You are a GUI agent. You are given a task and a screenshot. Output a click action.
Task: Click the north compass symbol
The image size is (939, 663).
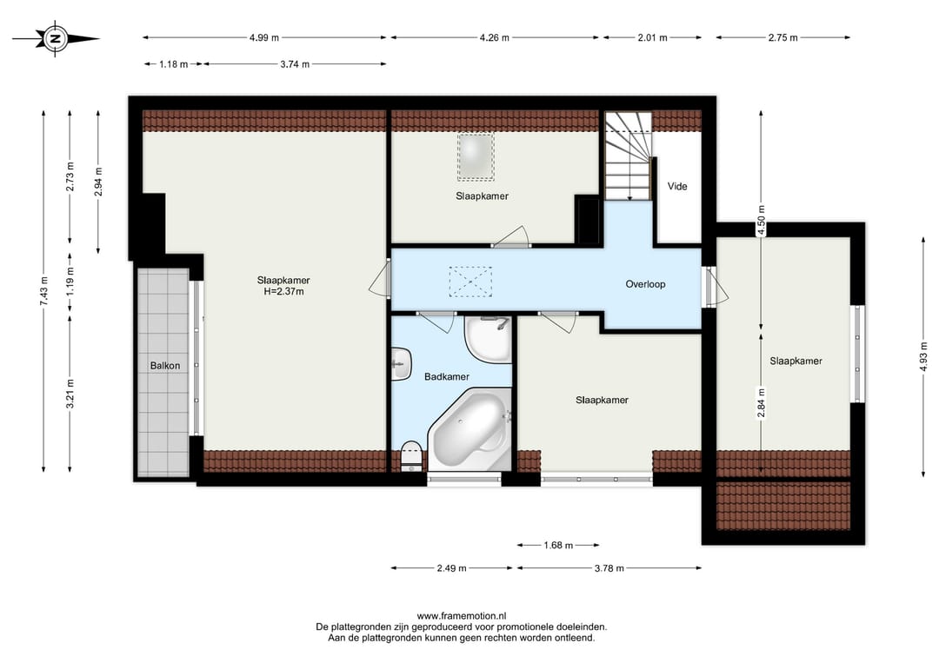pos(55,39)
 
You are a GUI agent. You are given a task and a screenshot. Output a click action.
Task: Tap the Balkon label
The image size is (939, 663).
pos(164,366)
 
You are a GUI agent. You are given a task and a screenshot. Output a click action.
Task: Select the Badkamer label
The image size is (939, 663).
pos(447,376)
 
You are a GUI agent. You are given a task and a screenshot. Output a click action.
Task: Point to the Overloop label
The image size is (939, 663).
pos(645,284)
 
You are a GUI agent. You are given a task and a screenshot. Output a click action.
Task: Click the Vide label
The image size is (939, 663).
pos(677,186)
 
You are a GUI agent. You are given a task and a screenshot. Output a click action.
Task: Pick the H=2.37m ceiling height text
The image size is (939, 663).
pos(283,292)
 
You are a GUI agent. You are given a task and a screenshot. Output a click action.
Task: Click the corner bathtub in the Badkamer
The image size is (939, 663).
pos(470,429)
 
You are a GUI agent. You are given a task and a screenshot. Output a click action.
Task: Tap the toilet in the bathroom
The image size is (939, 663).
pos(410,455)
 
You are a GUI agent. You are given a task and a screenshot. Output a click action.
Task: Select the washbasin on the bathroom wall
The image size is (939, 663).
pos(401,364)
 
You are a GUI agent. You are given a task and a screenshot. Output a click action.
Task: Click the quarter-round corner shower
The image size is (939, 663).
pos(488,339)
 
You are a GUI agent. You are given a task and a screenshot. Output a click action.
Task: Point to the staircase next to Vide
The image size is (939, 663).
pos(629,156)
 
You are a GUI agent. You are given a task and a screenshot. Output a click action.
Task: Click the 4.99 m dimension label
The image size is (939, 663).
pos(264,37)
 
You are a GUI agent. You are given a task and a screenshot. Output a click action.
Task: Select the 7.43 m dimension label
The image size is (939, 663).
pos(43,291)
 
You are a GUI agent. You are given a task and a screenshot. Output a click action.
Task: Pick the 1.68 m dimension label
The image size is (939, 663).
pos(558,545)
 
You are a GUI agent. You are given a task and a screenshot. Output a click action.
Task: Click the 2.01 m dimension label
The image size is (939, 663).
pos(652,37)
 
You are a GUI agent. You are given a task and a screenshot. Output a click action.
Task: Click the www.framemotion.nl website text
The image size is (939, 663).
pos(462,616)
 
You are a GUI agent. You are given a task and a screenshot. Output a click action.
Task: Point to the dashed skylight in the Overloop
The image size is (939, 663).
pos(470,282)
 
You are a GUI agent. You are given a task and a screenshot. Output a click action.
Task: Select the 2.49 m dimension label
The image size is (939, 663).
pos(451,568)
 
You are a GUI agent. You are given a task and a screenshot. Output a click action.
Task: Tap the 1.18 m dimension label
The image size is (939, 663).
pos(174,64)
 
